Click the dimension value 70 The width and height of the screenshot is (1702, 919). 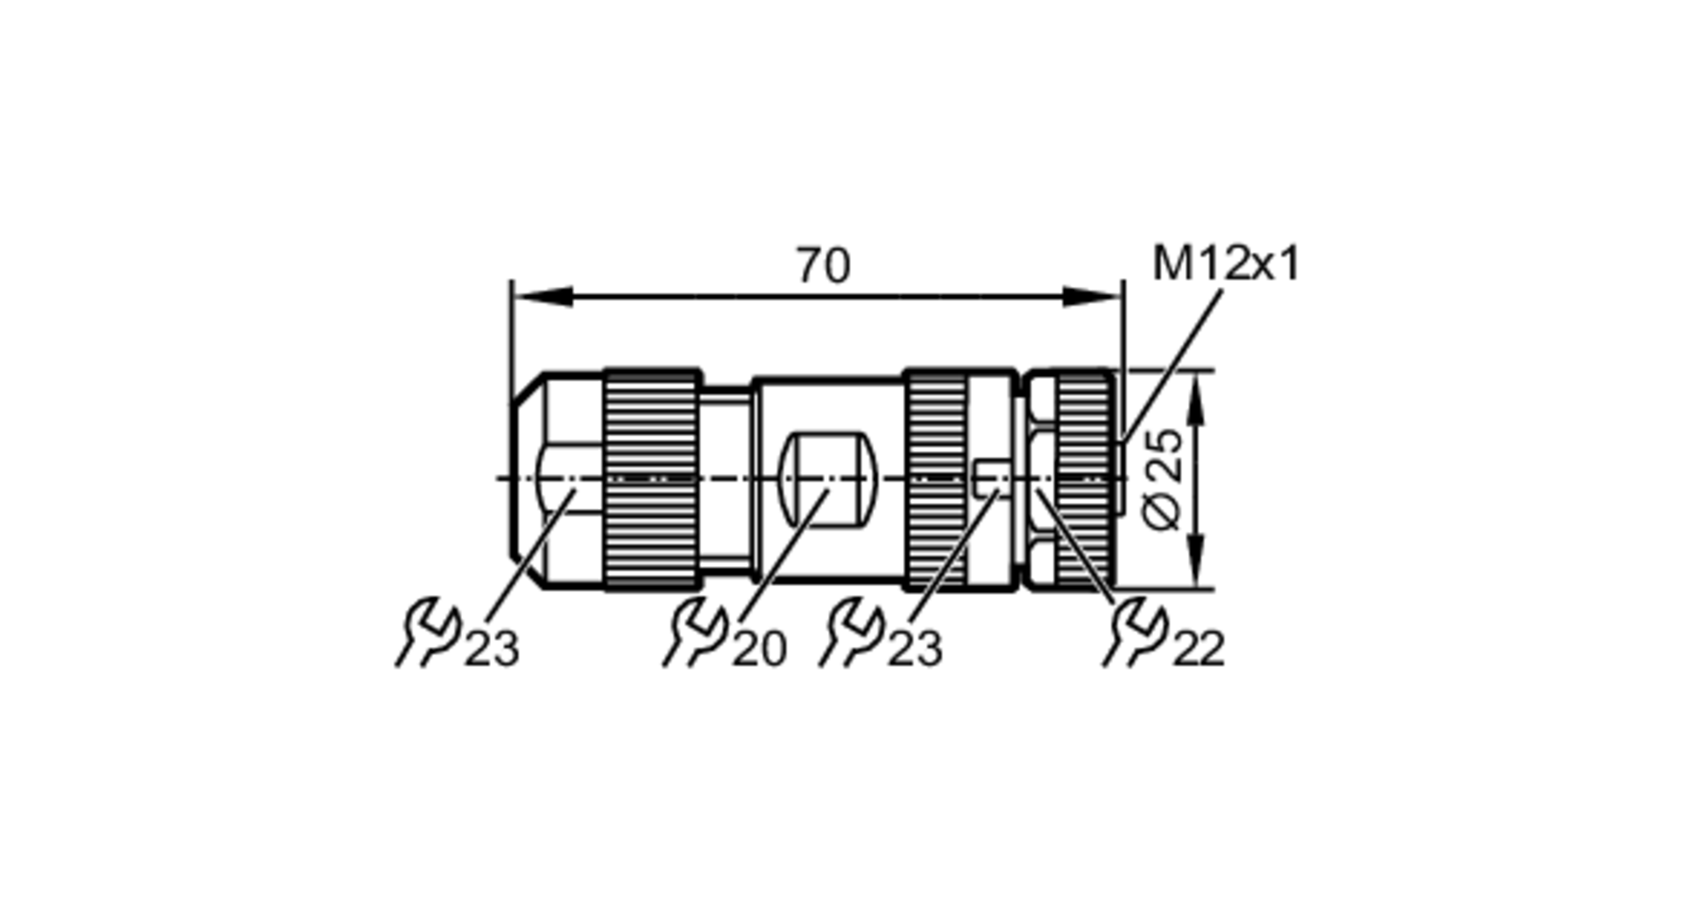coord(822,265)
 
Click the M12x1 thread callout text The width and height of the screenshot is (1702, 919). coord(1225,263)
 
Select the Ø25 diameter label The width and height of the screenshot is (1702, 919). coord(1162,479)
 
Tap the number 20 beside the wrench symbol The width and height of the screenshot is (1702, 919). coord(759,649)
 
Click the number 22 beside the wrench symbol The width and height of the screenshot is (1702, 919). coord(1198,649)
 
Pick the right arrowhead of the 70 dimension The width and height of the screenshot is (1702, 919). coord(1093,296)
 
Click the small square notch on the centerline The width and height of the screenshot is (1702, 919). coord(987,479)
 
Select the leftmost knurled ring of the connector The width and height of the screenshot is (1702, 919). coord(652,479)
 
